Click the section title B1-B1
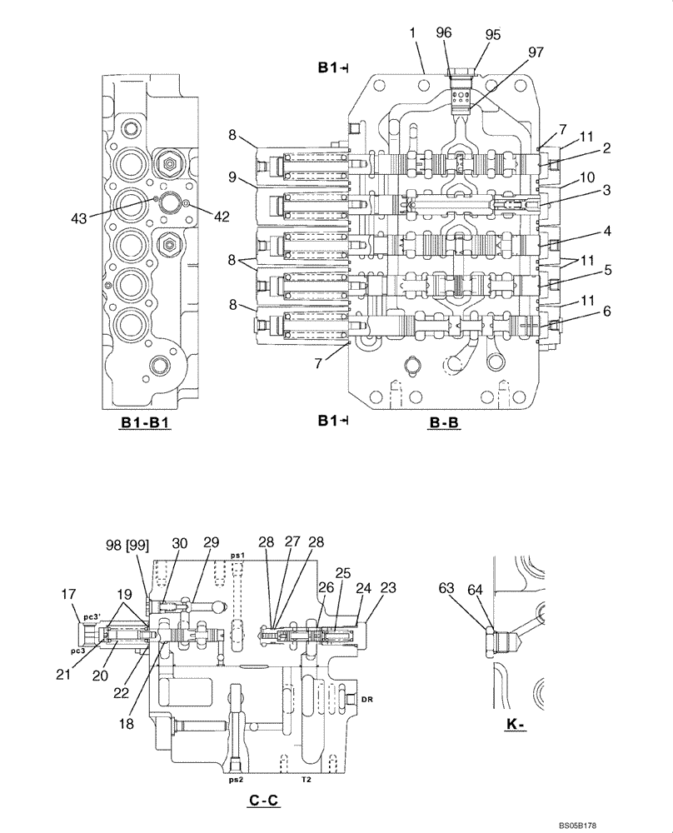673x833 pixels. click(x=144, y=422)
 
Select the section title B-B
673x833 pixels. click(x=445, y=422)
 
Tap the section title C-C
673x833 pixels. click(x=263, y=801)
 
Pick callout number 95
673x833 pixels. click(x=493, y=34)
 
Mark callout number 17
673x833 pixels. click(x=67, y=594)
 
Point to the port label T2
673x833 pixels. click(x=307, y=781)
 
